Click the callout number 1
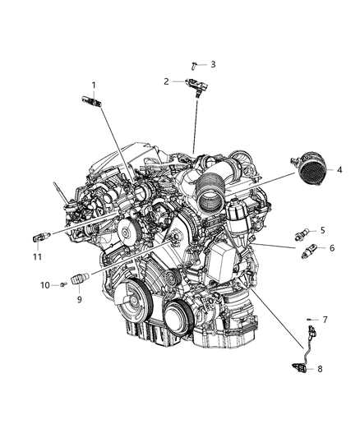pos(94,85)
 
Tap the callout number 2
pos(166,81)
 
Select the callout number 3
pos(213,63)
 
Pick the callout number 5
pos(323,230)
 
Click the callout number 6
pos(331,247)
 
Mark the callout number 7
pos(325,318)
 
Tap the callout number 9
pos(80,300)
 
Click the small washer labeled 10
pos(63,284)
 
